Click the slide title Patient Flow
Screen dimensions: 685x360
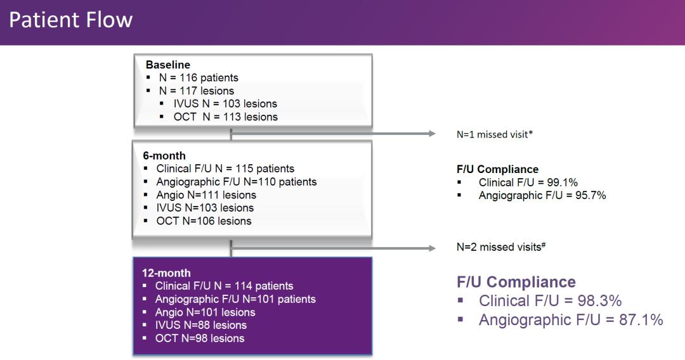71,20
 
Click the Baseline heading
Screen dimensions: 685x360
167,65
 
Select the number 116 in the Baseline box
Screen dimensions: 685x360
188,78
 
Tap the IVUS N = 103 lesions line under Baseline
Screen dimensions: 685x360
225,104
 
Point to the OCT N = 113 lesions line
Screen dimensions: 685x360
225,117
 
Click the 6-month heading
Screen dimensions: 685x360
164,156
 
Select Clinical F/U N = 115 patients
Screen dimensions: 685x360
225,169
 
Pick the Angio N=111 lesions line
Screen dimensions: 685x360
206,195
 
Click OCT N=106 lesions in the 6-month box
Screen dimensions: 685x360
204,221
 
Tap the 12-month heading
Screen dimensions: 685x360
166,273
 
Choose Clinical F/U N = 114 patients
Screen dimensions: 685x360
224,286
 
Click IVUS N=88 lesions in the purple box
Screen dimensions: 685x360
201,326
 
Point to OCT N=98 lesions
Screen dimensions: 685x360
200,338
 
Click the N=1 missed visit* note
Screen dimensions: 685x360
495,134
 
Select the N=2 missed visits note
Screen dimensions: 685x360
501,247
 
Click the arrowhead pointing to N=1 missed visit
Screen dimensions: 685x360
432,134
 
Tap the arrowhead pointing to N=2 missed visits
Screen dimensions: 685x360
432,248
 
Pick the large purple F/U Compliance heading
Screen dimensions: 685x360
516,282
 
